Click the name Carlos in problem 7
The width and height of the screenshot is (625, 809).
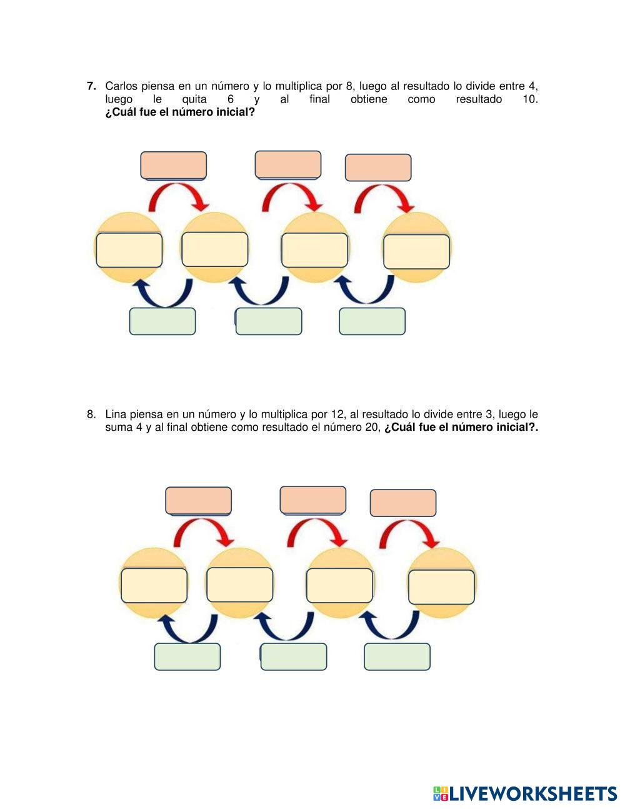point(120,86)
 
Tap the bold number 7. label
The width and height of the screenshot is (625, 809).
point(91,86)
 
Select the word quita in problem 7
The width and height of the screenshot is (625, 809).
point(194,99)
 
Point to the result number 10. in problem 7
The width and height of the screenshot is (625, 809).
point(530,99)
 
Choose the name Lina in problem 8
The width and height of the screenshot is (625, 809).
point(116,414)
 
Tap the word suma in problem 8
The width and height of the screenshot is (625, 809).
point(119,427)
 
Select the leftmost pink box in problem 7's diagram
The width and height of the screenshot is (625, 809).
point(173,165)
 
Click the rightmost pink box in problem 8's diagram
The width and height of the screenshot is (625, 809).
point(403,503)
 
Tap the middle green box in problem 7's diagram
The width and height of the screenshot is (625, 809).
point(269,321)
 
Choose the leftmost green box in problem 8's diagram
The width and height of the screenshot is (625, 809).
point(187,656)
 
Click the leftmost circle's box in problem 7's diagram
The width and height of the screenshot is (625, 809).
point(129,250)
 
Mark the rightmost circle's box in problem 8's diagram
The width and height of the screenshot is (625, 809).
point(441,587)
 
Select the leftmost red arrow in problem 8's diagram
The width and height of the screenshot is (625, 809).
point(201,523)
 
